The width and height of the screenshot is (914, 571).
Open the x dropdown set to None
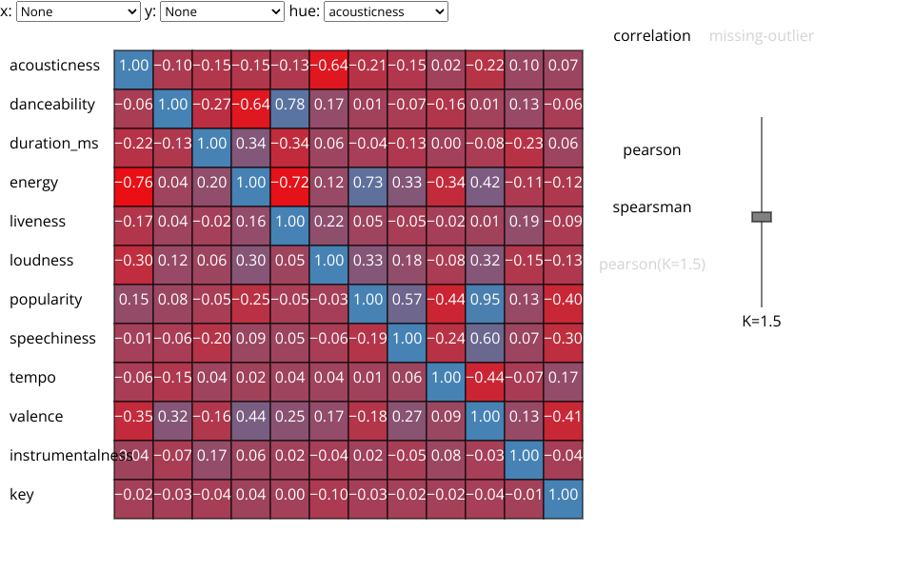click(78, 11)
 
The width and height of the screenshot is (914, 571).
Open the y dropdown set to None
click(222, 11)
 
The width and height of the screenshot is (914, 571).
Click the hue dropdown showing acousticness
click(386, 11)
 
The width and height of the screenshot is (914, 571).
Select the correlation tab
click(652, 36)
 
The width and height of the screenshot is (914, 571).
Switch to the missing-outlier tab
click(762, 36)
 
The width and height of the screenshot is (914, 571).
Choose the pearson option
click(652, 150)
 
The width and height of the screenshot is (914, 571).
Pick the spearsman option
click(652, 207)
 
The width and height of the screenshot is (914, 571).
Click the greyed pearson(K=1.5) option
click(652, 265)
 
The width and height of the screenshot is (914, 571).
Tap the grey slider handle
click(762, 217)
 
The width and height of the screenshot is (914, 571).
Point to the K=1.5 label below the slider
click(762, 322)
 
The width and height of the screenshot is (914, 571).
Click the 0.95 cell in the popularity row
click(485, 300)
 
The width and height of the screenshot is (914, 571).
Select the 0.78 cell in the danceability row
click(289, 105)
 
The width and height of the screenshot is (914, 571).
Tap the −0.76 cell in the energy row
click(133, 183)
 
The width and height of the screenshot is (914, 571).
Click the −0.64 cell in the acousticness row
click(328, 66)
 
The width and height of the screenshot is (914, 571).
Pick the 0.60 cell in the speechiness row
click(485, 339)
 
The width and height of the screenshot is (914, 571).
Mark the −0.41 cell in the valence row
click(563, 417)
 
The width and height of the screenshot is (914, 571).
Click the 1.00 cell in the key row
click(563, 495)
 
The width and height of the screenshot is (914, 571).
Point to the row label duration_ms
click(53, 144)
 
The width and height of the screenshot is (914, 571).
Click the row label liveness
click(38, 222)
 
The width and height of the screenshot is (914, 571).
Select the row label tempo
click(32, 378)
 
